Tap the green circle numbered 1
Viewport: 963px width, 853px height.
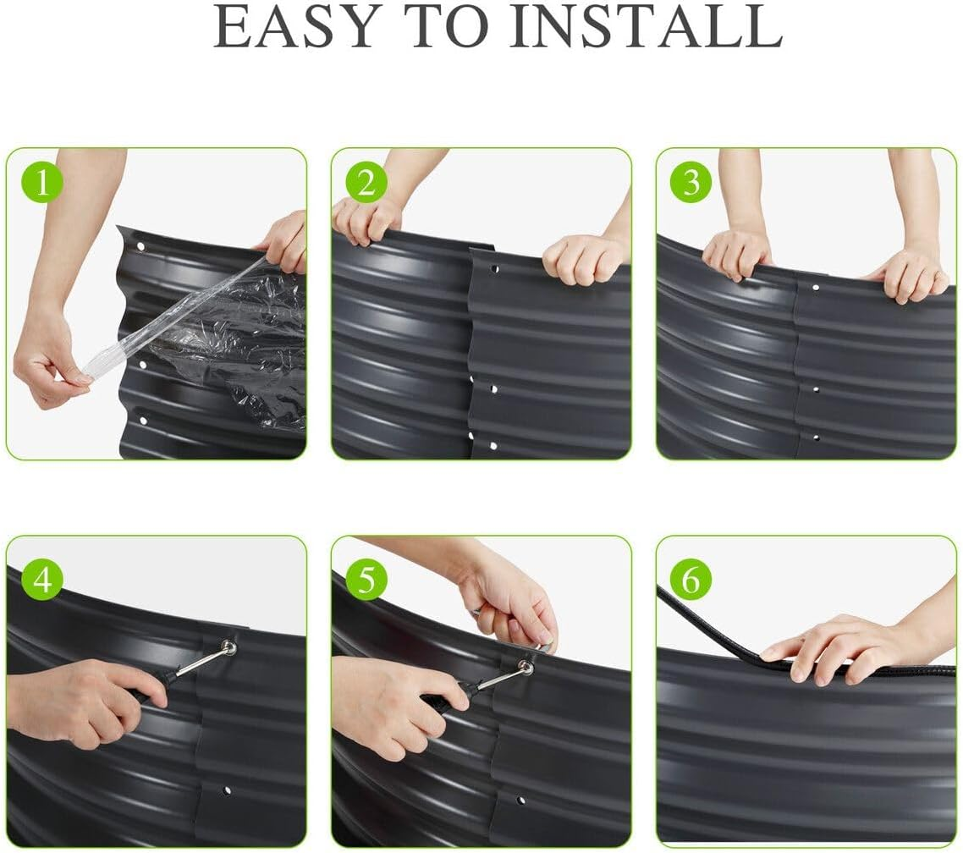[42, 183]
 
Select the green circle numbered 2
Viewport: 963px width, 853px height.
[366, 183]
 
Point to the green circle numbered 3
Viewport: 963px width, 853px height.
[691, 183]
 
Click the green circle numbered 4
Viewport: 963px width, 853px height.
[42, 579]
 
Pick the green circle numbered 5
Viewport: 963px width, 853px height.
[366, 579]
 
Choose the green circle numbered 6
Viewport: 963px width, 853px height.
[691, 579]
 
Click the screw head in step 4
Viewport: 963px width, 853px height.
[229, 646]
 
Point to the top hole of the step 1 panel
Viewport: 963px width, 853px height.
[140, 247]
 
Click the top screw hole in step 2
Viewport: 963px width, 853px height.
[494, 269]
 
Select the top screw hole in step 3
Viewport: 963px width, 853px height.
[816, 287]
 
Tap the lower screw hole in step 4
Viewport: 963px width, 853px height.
[228, 790]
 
